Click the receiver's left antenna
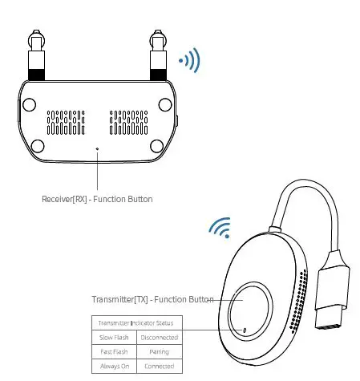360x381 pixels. pos(36,57)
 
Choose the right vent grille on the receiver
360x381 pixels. pos(128,121)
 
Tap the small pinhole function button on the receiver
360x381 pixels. pos(97,148)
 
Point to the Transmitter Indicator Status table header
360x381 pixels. pos(136,323)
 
